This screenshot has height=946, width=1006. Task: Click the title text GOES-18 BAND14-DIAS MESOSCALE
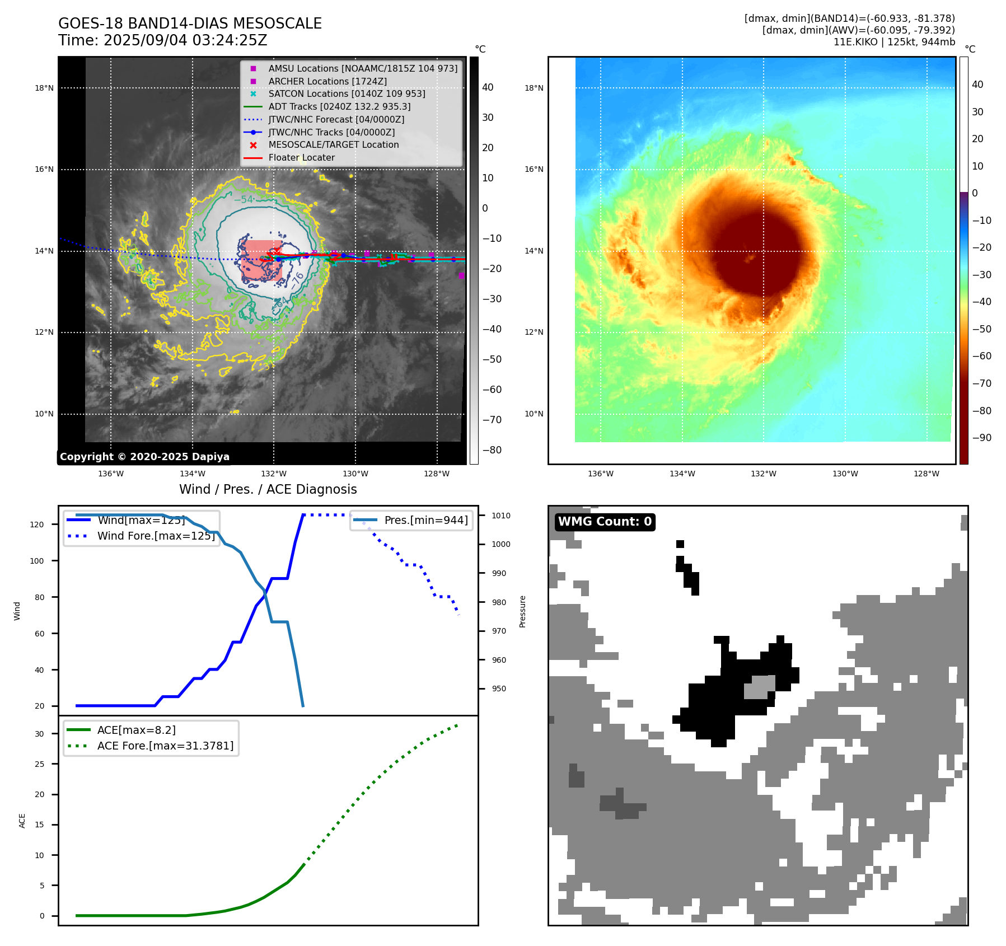[x=190, y=24]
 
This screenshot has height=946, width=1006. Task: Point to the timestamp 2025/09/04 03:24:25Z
[x=185, y=40]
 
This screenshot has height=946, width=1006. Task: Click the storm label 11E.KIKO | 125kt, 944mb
[x=894, y=42]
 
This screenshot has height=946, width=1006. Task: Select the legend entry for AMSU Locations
[x=362, y=68]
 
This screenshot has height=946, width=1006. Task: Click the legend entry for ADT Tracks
[x=339, y=106]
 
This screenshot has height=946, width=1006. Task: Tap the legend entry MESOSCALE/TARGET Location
[x=334, y=144]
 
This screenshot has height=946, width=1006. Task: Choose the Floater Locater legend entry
[x=301, y=157]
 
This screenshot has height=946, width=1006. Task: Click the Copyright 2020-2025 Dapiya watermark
[x=144, y=457]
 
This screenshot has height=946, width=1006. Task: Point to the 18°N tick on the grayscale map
[x=44, y=88]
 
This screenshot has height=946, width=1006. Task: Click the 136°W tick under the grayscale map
[x=111, y=474]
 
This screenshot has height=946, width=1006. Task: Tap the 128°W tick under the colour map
[x=927, y=474]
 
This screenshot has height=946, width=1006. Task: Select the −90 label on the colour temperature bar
[x=981, y=438]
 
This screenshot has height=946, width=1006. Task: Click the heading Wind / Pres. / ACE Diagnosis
[x=268, y=489]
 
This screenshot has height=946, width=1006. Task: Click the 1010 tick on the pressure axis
[x=501, y=516]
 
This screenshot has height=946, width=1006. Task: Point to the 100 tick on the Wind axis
[x=37, y=561]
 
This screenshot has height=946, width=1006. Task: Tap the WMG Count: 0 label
[x=605, y=522]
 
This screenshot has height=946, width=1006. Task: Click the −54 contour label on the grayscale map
[x=244, y=199]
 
